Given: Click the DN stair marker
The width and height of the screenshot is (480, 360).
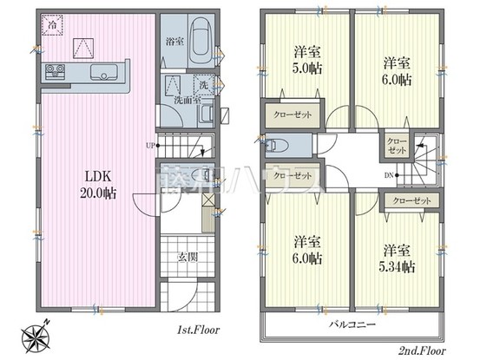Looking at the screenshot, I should (x=386, y=177).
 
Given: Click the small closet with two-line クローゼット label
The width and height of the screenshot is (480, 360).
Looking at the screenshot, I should (x=395, y=145).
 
